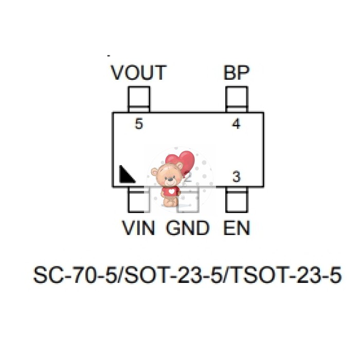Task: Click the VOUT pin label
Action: pos(139,73)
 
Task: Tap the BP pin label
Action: pos(237,73)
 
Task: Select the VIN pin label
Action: pos(138,228)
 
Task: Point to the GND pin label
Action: pos(187,228)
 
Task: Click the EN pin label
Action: pos(237,228)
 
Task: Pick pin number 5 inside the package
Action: pos(138,124)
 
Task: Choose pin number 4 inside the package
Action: pos(236,124)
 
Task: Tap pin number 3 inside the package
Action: pos(236,177)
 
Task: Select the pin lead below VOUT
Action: pos(139,99)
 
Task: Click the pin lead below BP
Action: pos(237,99)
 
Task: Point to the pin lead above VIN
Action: pos(139,200)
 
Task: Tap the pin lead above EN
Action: pos(237,200)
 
